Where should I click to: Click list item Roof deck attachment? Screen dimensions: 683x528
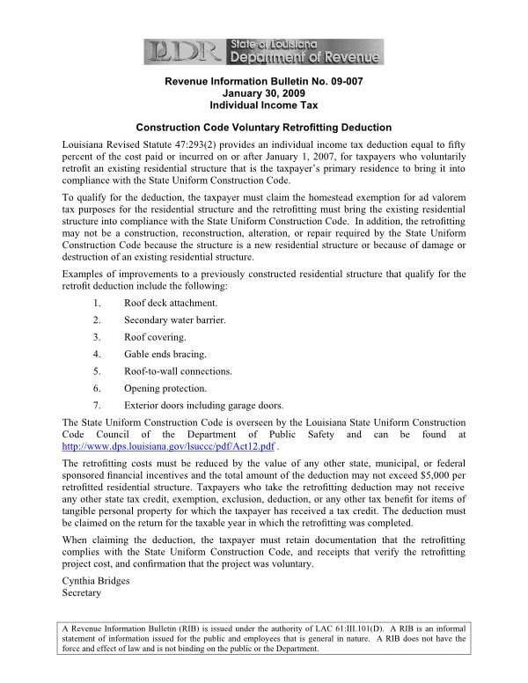pyautogui.click(x=171, y=303)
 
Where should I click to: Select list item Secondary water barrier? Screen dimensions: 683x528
pyautogui.click(x=175, y=319)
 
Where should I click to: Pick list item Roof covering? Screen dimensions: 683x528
pyautogui.click(x=155, y=337)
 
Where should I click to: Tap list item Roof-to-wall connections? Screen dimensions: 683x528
pyautogui.click(x=178, y=371)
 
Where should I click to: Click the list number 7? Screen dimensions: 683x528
pyautogui.click(x=96, y=406)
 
